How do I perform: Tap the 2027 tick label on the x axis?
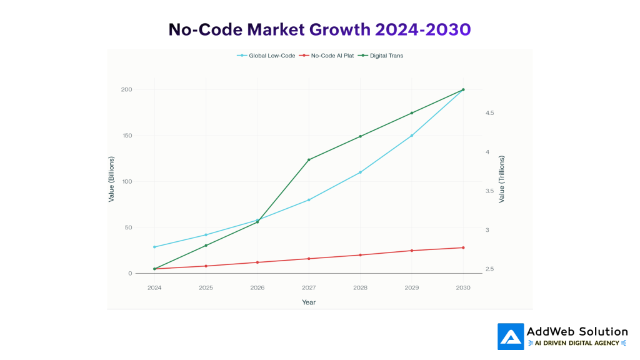(x=308, y=287)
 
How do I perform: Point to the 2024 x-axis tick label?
(x=154, y=287)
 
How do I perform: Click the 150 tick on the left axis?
(x=126, y=136)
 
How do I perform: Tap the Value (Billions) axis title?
(x=111, y=179)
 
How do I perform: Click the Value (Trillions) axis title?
(x=501, y=179)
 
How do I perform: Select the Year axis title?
(x=309, y=302)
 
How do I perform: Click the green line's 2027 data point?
(x=309, y=160)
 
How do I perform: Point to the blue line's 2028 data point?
(x=360, y=172)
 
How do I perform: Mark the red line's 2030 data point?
(x=463, y=247)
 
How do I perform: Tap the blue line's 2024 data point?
(x=154, y=247)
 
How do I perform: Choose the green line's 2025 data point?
(x=206, y=246)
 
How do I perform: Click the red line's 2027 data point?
(x=309, y=259)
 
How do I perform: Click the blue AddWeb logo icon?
(x=511, y=336)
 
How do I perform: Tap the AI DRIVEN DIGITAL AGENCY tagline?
(x=577, y=343)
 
